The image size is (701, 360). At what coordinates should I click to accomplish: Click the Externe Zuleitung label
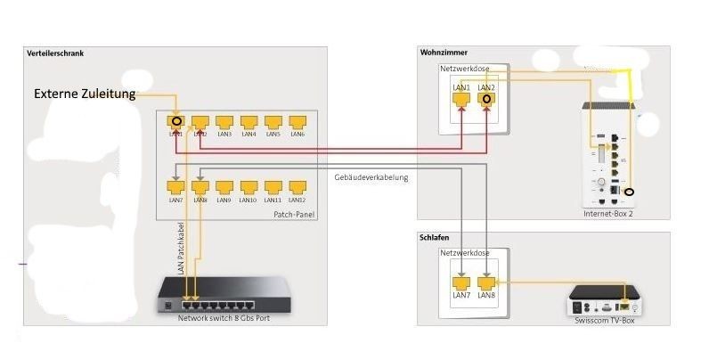[x=85, y=94]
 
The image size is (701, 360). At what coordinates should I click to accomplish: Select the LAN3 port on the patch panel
[x=224, y=123]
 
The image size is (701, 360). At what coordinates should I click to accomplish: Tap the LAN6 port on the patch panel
[x=298, y=123]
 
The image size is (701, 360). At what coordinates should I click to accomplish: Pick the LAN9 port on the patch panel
[x=224, y=188]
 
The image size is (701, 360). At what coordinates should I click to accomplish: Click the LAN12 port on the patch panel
[x=298, y=188]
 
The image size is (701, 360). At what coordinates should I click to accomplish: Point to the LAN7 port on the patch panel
[x=176, y=188]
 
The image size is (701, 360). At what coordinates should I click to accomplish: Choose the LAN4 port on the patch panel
[x=249, y=123]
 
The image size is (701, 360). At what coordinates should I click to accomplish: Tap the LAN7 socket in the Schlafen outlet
[x=461, y=282]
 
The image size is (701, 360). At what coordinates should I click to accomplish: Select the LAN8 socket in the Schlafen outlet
[x=485, y=282]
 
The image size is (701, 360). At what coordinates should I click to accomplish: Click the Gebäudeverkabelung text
[x=371, y=177]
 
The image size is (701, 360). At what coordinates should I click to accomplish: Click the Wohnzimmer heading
[x=444, y=53]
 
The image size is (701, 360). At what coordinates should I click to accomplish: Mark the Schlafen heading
[x=436, y=239]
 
